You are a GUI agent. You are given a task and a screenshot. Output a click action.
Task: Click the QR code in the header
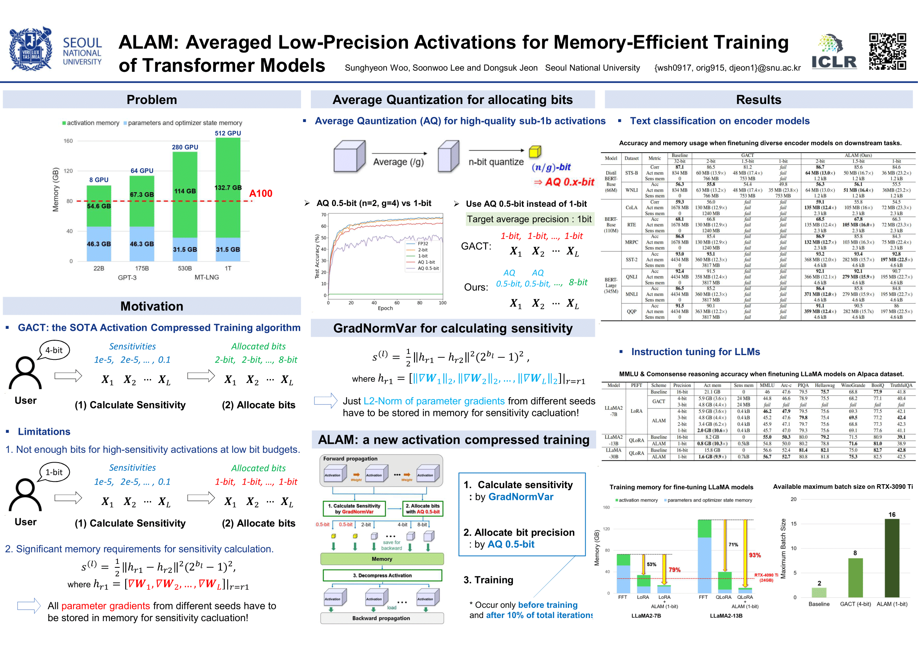(887, 51)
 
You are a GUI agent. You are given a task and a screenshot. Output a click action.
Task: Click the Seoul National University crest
(31, 49)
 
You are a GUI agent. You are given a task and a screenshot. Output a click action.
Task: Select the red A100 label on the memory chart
(260, 193)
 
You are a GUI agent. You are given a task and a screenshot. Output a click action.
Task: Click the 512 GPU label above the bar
(228, 133)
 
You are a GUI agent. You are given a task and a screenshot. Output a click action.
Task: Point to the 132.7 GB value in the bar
(228, 188)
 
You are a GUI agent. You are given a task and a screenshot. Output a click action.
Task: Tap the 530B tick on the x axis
(185, 268)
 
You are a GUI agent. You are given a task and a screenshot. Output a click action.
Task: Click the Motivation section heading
(151, 306)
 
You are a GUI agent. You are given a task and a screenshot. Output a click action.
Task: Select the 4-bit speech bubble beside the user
(55, 350)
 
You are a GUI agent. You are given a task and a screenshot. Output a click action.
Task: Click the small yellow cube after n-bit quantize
(535, 151)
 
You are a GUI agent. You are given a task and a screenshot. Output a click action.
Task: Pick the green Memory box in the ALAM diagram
(381, 559)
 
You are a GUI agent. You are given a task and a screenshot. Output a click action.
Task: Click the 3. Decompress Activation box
(382, 576)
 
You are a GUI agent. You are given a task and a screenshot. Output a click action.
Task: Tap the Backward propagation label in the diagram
(381, 618)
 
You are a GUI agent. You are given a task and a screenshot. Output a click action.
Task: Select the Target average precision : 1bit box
(529, 219)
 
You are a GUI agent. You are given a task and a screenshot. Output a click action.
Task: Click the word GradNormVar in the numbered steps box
(520, 497)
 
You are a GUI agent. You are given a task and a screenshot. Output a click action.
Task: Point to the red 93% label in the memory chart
(754, 555)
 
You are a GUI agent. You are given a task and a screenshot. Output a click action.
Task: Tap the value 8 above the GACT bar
(855, 553)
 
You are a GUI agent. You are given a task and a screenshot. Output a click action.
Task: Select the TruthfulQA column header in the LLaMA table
(901, 385)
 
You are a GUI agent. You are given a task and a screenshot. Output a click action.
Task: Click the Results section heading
(758, 100)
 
